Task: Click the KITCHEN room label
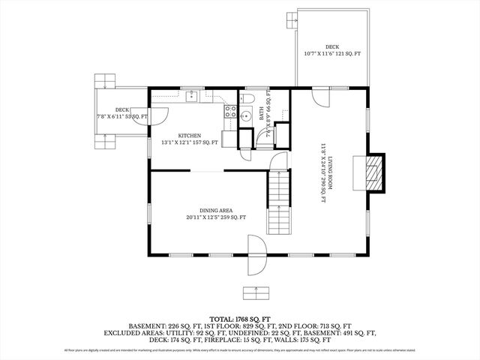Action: [x=188, y=136]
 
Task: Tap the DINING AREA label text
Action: [x=216, y=210]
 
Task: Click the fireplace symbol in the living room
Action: [x=373, y=172]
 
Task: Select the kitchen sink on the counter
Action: [x=193, y=95]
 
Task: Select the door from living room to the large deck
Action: [x=320, y=95]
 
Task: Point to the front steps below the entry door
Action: [x=256, y=292]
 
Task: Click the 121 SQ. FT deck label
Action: [x=332, y=54]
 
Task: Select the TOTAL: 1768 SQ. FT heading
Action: [x=239, y=318]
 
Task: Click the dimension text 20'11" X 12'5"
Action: [x=216, y=217]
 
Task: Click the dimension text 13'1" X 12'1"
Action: [x=188, y=142]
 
